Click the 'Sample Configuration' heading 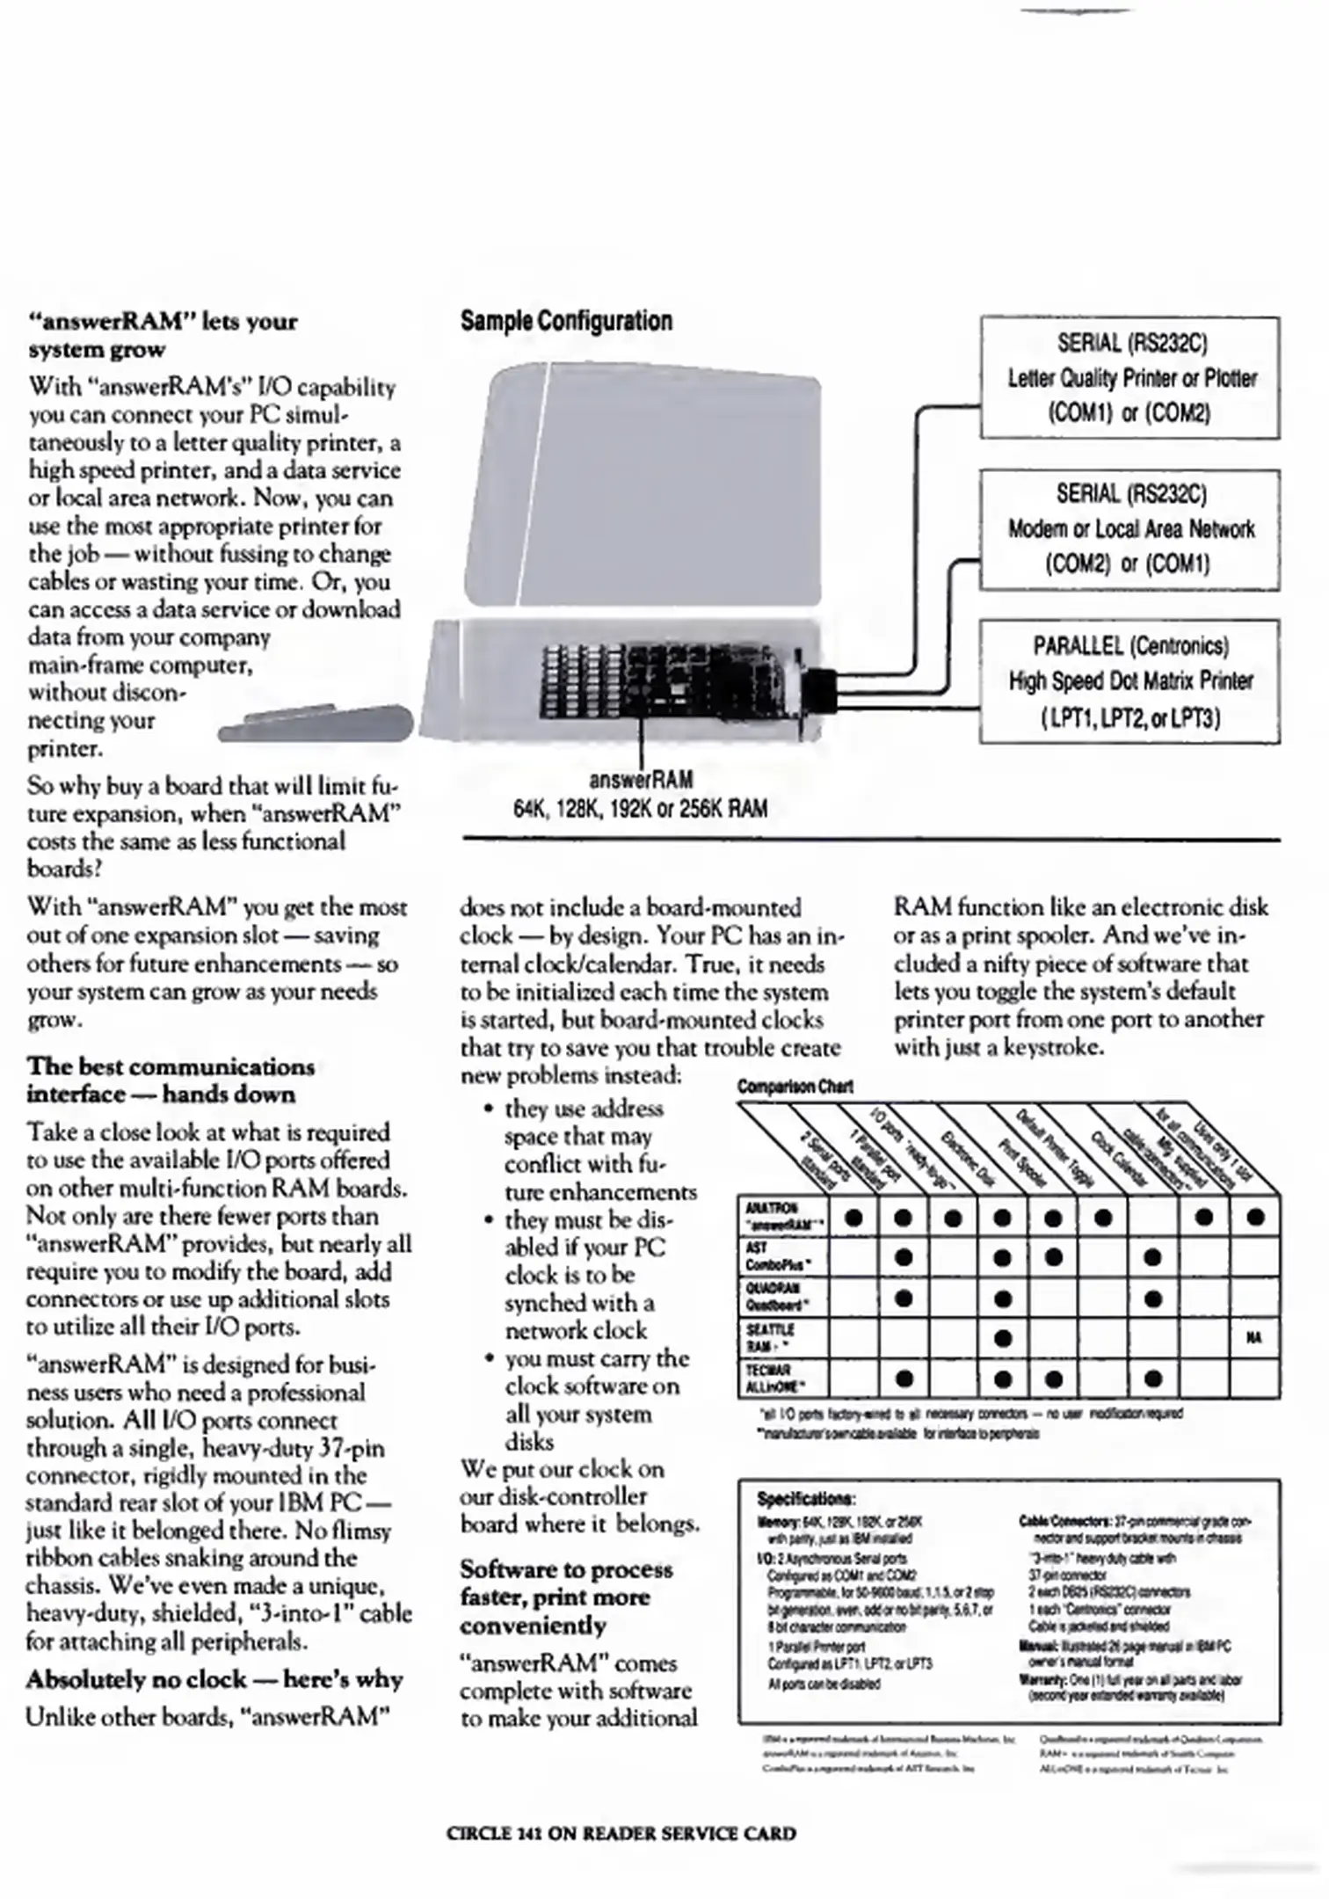(x=566, y=321)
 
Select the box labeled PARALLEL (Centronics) (x=1129, y=681)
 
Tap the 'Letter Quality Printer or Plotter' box (x=1129, y=378)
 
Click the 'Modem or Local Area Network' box (x=1129, y=529)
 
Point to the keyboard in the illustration (x=316, y=723)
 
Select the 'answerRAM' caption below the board (x=641, y=780)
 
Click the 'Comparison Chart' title (x=795, y=1087)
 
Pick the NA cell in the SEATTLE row (x=1253, y=1338)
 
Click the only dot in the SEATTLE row (x=1002, y=1338)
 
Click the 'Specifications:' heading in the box (x=806, y=1498)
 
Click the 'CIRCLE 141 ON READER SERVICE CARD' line (x=621, y=1834)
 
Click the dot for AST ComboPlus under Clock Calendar (x=1153, y=1258)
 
